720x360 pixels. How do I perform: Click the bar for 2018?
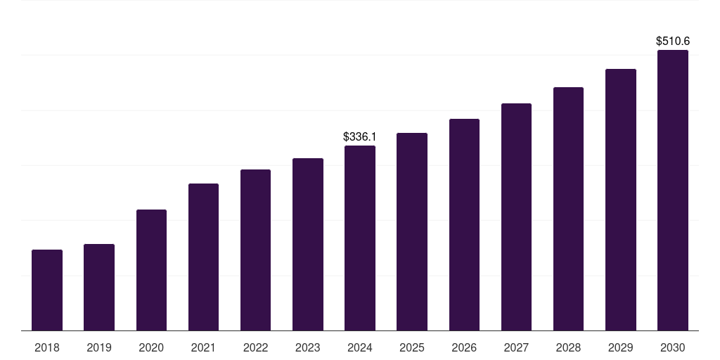coord(47,290)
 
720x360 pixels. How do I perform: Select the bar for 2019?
coord(99,287)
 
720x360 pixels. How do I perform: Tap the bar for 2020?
coord(151,270)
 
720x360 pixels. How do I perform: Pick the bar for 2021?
coord(203,257)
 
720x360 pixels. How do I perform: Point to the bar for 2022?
coord(255,250)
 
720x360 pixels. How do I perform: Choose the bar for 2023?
coord(308,244)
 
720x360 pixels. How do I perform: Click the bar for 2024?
coord(360,238)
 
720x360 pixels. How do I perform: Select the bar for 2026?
coord(464,224)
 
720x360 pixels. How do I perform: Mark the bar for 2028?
coord(568,209)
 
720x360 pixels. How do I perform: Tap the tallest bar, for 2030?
coord(673,190)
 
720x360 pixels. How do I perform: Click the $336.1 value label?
coord(359,136)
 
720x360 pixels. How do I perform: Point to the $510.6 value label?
coord(673,41)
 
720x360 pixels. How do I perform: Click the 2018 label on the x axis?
coord(47,347)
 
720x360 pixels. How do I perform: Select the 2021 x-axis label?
coord(203,347)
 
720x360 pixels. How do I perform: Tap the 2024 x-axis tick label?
coord(360,347)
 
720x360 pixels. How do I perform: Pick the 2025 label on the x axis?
coord(412,347)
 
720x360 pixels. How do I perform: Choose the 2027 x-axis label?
coord(516,347)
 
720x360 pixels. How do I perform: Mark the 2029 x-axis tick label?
coord(620,347)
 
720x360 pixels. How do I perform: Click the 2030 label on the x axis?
coord(673,347)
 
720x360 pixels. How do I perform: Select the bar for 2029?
coord(620,200)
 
